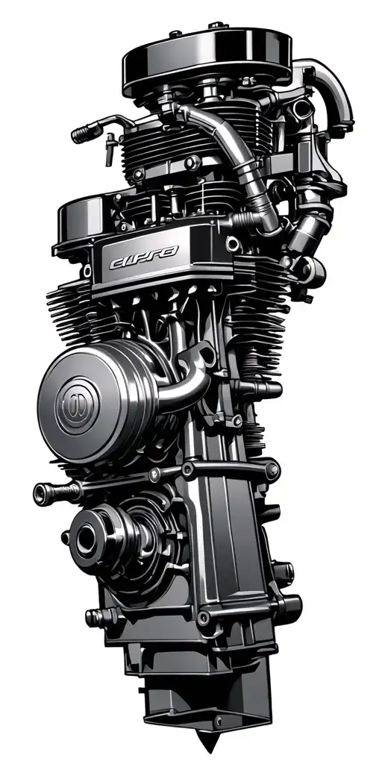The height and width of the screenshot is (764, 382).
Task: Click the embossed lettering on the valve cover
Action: [143, 262]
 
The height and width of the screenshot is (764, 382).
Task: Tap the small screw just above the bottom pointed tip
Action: [217, 719]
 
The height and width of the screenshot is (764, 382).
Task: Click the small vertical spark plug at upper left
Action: [110, 149]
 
